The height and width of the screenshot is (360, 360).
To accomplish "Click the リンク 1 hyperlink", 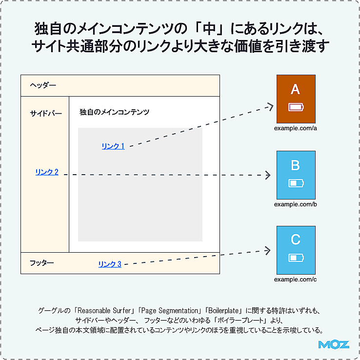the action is point(113,146).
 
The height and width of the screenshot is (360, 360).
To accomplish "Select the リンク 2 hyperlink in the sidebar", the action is point(47,172).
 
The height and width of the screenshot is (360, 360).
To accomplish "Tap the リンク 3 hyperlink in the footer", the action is point(110,264).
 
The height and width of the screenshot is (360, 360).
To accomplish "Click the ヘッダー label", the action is point(43,85).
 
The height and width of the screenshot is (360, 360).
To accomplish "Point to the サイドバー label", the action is point(46,113).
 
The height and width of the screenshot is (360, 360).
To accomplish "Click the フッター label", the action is point(42,262).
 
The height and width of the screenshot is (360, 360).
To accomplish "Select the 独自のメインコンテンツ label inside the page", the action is point(114,112).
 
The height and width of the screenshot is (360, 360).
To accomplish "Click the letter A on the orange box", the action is point(295,89).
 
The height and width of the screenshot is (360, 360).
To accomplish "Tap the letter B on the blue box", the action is point(295,165).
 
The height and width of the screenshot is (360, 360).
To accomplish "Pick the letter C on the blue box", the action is point(296,240).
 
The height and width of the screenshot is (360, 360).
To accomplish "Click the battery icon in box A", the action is point(296,107).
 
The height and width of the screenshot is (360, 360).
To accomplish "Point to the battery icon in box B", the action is point(296,183).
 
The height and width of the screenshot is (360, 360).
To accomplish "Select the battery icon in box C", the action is point(296,258).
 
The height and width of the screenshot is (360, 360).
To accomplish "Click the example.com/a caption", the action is point(296,128).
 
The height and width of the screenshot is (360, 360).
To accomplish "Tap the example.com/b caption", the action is point(296,204).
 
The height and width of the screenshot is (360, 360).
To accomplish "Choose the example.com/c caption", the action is point(295,280).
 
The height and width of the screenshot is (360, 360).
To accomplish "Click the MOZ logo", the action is point(334,344).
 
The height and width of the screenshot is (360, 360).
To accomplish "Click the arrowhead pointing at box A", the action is point(270,106).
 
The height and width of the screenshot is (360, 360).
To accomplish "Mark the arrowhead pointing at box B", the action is point(268,175).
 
